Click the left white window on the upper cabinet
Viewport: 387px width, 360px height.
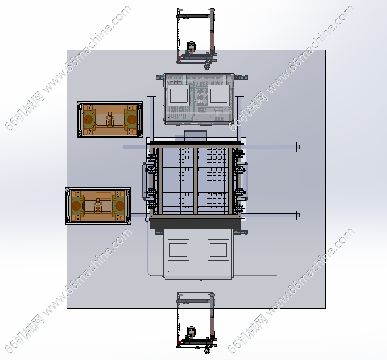(x=179, y=96)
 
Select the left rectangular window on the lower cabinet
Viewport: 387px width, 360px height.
(x=178, y=250)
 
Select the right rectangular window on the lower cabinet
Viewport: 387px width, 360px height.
(x=218, y=250)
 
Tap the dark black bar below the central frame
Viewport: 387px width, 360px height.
(x=195, y=224)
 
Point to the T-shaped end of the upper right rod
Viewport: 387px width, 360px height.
(x=298, y=147)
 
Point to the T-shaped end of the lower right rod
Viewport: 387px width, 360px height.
(x=298, y=215)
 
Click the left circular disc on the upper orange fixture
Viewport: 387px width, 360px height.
(x=88, y=120)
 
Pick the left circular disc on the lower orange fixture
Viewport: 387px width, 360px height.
(x=76, y=206)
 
